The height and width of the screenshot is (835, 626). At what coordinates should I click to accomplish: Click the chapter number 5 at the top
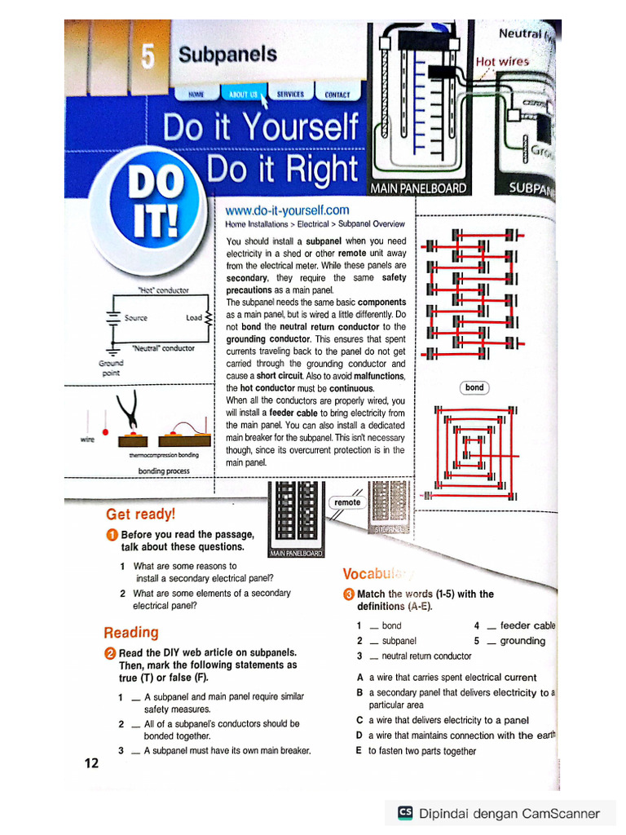click(x=148, y=56)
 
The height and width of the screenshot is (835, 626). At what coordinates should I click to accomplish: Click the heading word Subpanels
click(x=227, y=55)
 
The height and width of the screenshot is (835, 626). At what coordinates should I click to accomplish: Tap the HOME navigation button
click(x=196, y=95)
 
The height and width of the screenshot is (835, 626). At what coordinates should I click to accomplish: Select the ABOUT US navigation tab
click(x=244, y=95)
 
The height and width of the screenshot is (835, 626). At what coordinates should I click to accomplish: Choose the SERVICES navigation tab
click(x=290, y=95)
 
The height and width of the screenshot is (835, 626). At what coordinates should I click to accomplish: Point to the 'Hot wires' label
click(x=502, y=61)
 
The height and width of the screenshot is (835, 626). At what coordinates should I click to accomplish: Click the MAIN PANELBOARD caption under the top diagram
click(x=419, y=188)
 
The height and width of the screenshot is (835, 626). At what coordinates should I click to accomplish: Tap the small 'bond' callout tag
click(x=474, y=387)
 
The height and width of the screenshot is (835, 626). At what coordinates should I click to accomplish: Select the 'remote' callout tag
click(x=347, y=502)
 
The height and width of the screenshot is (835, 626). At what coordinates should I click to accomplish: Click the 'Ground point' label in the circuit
click(x=111, y=368)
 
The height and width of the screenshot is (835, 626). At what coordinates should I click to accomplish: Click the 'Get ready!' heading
click(x=140, y=514)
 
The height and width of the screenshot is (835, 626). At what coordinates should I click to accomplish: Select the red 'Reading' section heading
click(x=131, y=632)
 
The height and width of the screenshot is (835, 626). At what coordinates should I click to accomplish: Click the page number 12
click(x=91, y=762)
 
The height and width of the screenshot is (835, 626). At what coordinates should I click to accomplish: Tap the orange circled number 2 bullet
click(x=110, y=653)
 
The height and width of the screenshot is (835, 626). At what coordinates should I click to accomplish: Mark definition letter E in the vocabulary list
click(x=359, y=751)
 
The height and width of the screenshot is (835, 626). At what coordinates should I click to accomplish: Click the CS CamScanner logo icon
click(x=405, y=813)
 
